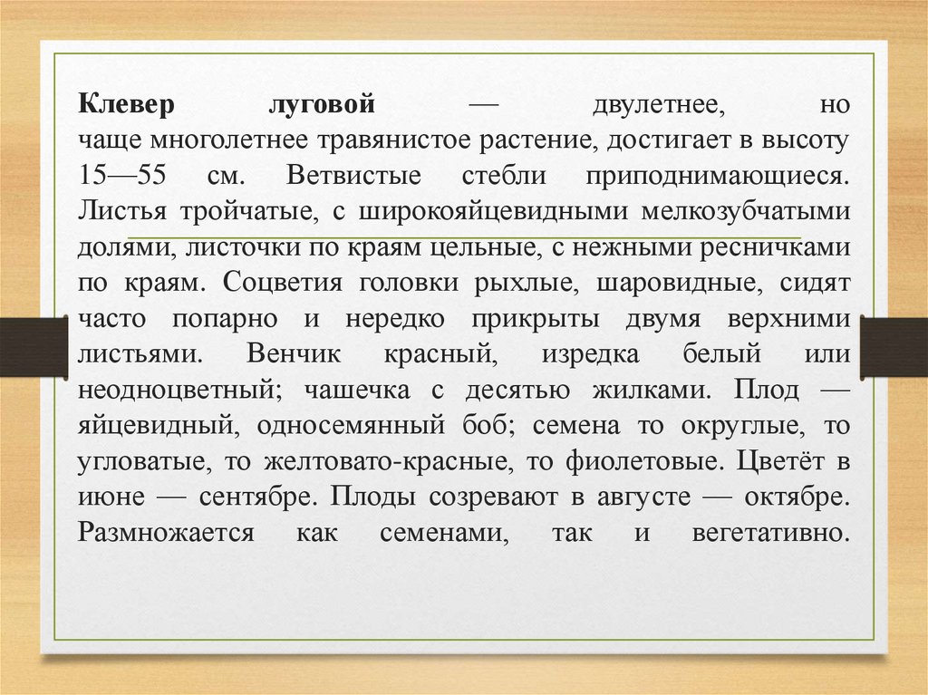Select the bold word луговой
[323, 105]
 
